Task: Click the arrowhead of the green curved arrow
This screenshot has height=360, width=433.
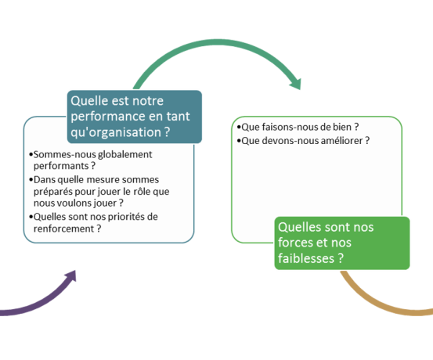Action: (296, 84)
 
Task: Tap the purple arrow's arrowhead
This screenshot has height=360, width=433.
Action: (70, 276)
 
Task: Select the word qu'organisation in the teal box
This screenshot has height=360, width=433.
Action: (115, 132)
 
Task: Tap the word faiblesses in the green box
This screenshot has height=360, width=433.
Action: (306, 258)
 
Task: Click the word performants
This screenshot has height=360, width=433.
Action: (61, 166)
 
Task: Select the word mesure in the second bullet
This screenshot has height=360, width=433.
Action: (103, 180)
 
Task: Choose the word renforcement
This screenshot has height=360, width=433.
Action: (63, 229)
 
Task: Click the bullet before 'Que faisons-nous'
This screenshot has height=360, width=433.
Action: (239, 128)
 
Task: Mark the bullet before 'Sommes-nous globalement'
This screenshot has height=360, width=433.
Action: (31, 155)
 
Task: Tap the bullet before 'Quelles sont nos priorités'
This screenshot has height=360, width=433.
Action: (31, 217)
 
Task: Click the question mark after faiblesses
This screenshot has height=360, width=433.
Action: (341, 258)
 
